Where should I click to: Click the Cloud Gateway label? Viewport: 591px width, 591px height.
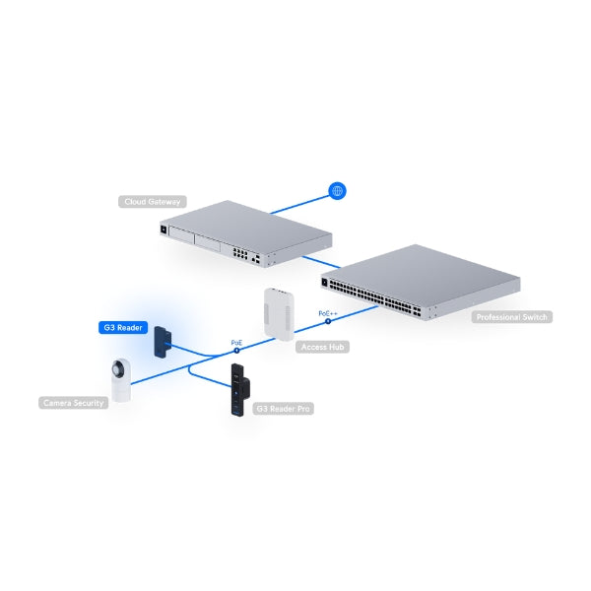(x=153, y=202)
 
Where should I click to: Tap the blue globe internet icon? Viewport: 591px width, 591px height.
(x=337, y=191)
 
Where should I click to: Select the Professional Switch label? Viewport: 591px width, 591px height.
(x=512, y=317)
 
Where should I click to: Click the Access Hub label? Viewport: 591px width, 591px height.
(x=323, y=347)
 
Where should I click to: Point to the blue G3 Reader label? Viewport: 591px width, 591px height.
(x=123, y=328)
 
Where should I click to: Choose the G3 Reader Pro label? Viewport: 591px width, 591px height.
(x=283, y=409)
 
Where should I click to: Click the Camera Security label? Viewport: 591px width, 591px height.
(x=74, y=403)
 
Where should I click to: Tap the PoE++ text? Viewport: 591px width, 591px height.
(x=328, y=313)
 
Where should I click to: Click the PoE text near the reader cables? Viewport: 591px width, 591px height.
(x=236, y=343)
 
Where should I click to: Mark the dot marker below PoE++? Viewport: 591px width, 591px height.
(x=328, y=321)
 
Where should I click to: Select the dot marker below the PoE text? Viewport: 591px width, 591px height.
(x=236, y=351)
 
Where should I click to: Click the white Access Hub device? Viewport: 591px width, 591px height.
(x=279, y=314)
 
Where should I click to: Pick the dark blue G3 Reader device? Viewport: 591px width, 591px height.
(x=163, y=342)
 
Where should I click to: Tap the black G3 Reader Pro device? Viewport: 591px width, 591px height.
(x=240, y=390)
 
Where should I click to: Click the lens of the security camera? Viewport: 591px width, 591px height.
(x=120, y=367)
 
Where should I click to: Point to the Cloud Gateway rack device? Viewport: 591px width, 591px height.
(x=245, y=233)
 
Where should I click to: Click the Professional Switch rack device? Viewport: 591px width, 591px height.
(x=421, y=283)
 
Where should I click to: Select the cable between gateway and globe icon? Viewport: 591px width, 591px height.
(x=300, y=205)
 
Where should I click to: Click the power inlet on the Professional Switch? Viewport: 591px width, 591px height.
(x=324, y=282)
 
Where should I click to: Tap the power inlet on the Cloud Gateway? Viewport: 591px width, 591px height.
(x=164, y=229)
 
